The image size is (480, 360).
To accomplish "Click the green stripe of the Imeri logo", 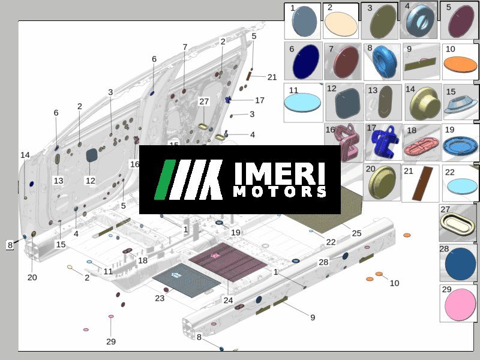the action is pyautogui.click(x=164, y=179).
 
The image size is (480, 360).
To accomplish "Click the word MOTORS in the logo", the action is pyautogui.click(x=280, y=191).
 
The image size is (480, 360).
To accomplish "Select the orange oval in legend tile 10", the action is pyautogui.click(x=460, y=64).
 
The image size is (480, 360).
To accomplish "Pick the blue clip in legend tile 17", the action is pyautogui.click(x=384, y=143).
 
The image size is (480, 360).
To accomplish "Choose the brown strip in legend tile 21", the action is pyautogui.click(x=422, y=184).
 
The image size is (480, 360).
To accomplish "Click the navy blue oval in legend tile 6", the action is pyautogui.click(x=306, y=62).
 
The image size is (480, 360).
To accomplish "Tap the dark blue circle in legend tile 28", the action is pyautogui.click(x=460, y=264).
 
